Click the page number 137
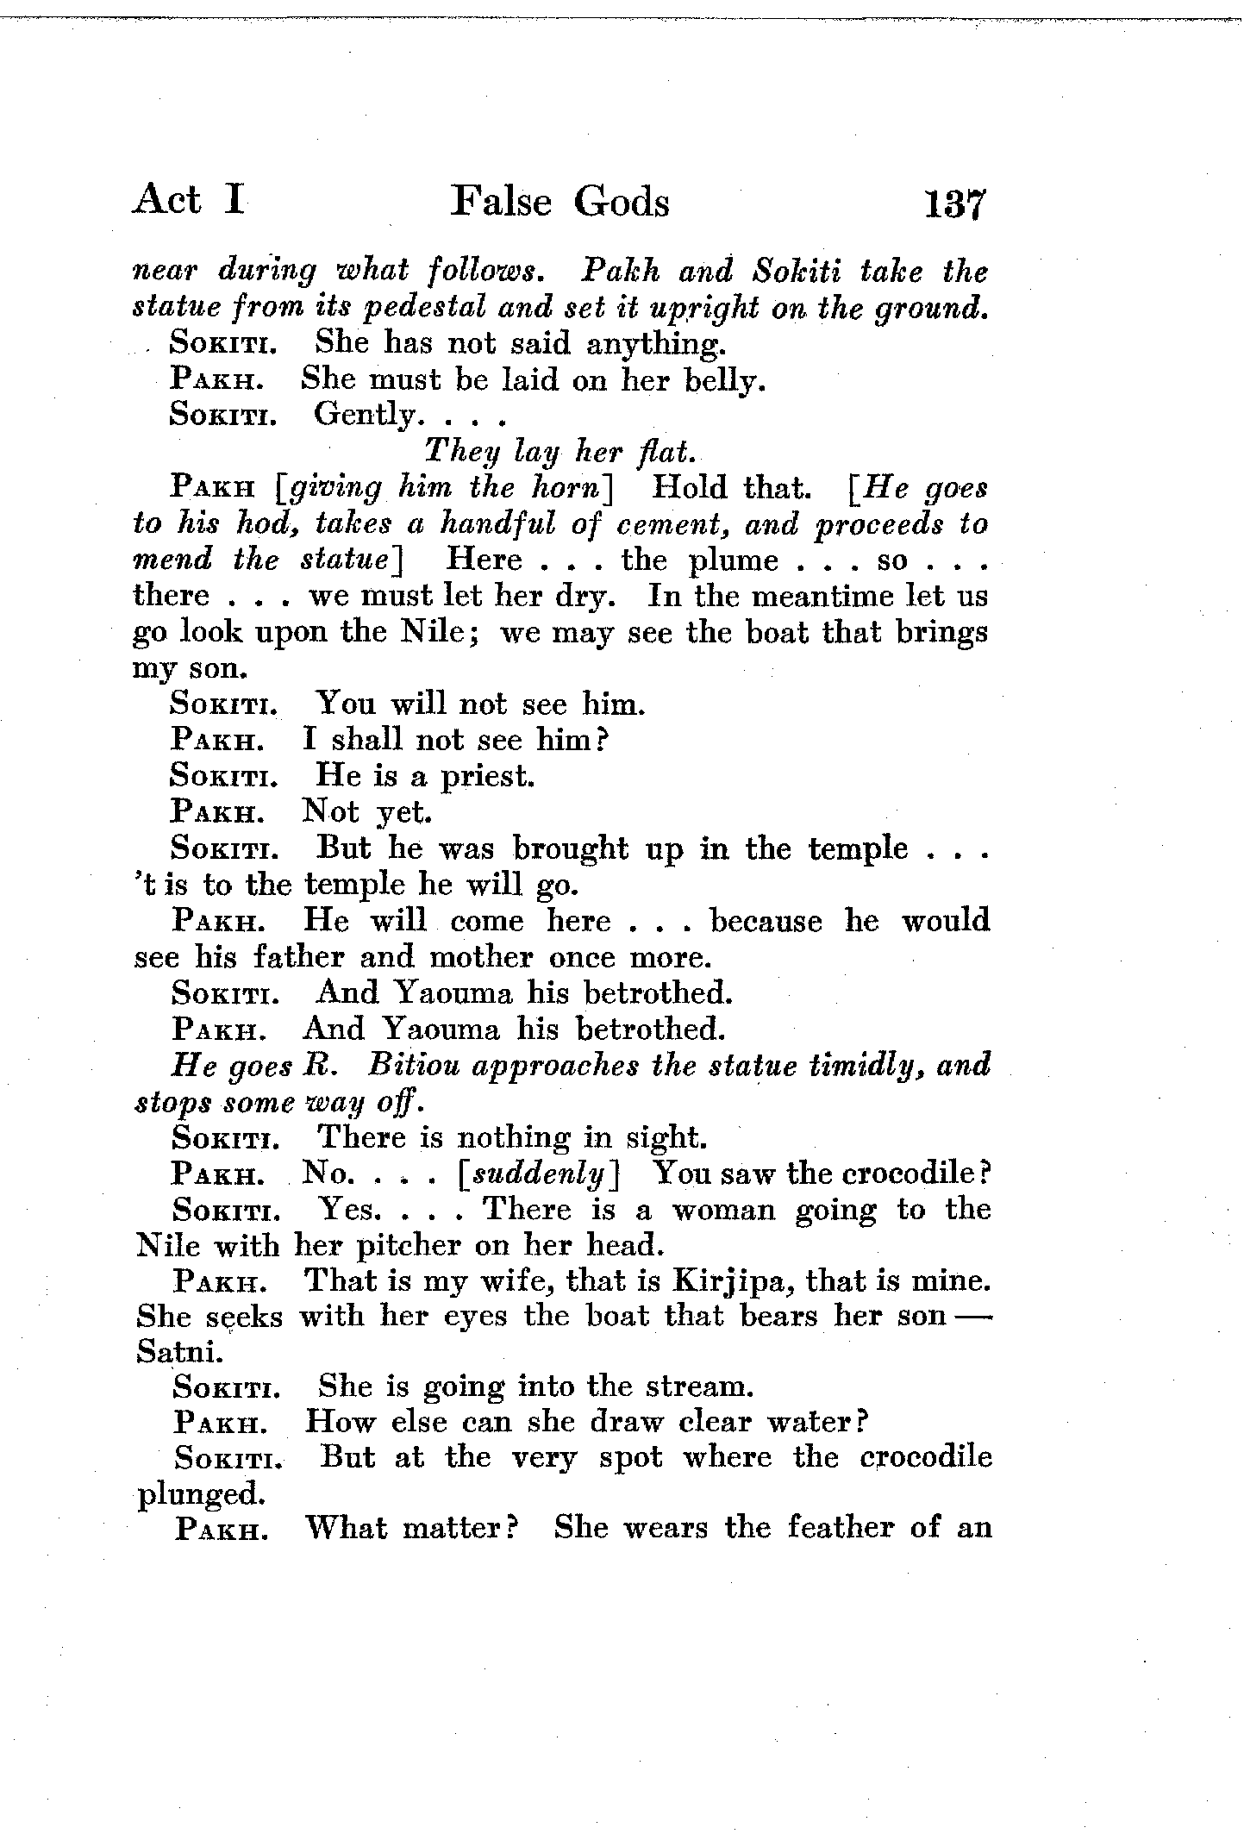click(953, 204)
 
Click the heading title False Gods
click(560, 203)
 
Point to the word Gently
click(364, 416)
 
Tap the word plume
click(734, 560)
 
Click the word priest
click(487, 777)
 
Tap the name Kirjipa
click(737, 1282)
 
